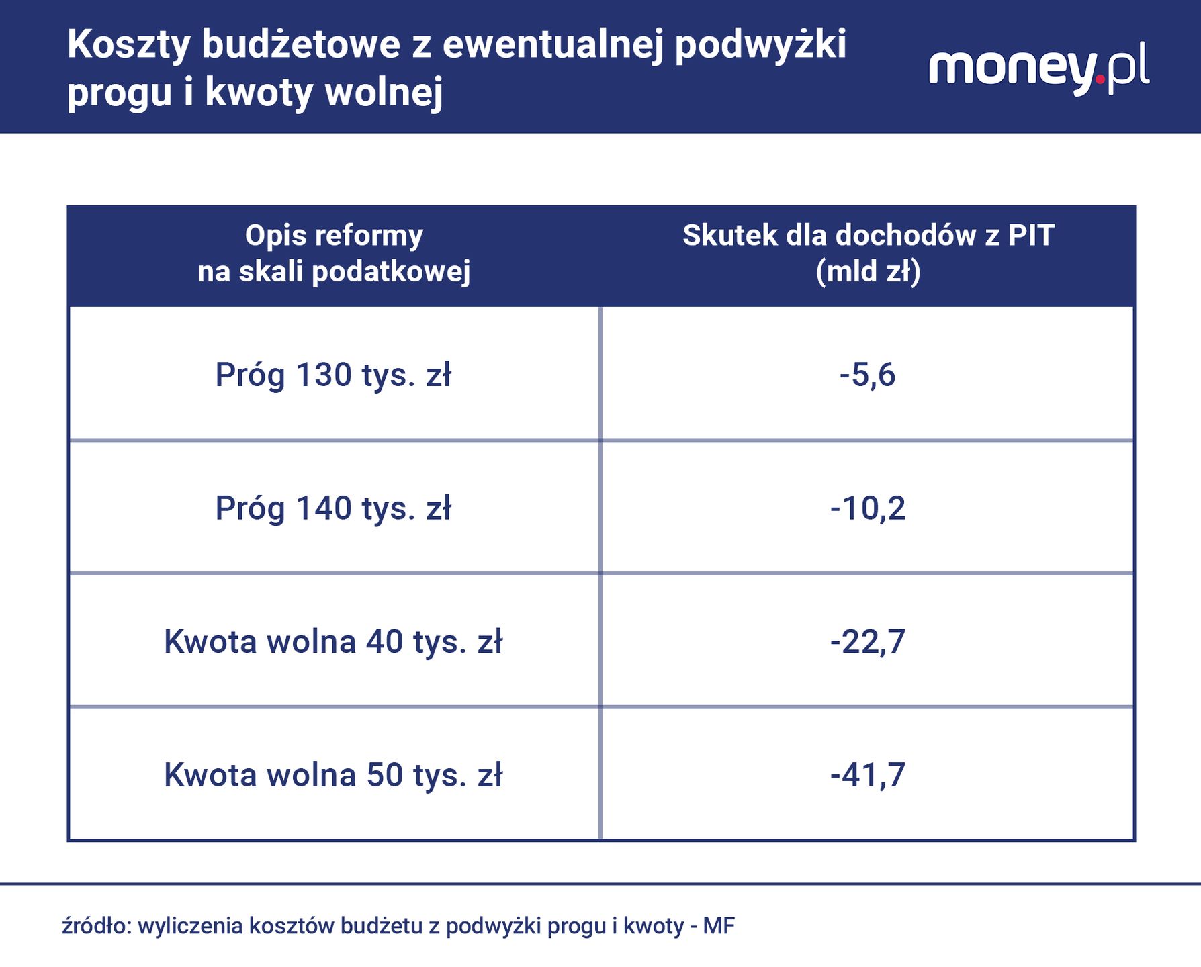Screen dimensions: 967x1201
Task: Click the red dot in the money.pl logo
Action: point(1100,79)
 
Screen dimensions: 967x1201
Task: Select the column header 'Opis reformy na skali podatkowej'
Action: point(334,254)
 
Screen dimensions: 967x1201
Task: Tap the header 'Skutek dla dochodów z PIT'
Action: point(868,236)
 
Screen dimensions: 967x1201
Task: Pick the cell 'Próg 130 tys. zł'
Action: point(333,375)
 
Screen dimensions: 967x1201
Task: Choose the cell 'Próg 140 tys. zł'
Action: point(333,508)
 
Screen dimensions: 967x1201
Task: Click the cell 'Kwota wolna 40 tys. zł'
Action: point(333,642)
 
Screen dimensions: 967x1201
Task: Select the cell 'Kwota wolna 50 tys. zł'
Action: point(333,775)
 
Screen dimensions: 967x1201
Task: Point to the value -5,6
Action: point(867,375)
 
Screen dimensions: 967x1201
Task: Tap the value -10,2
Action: point(867,508)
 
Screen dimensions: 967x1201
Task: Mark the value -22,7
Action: point(867,642)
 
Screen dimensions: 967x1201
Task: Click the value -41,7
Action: point(867,775)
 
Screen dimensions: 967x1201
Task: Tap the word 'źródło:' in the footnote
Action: point(97,926)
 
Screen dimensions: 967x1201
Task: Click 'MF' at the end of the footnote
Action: point(719,926)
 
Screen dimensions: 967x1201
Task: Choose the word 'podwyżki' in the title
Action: point(760,46)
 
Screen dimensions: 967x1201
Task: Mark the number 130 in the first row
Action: point(324,375)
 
